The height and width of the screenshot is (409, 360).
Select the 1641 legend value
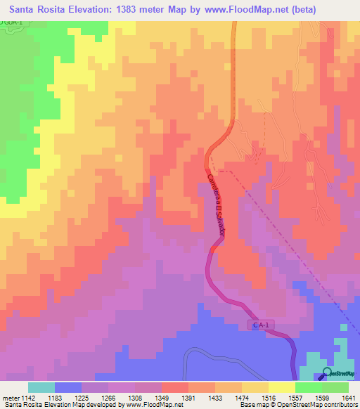coord(349,398)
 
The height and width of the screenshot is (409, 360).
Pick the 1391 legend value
coord(188,398)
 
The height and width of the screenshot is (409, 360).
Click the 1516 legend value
coord(269,398)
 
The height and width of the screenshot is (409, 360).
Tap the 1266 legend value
coord(108,398)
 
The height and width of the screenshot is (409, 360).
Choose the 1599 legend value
coord(322,398)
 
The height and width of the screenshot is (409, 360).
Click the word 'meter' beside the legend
coord(10,398)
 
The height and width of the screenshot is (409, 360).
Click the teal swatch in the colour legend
coord(41,387)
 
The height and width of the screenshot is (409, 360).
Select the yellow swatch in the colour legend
coord(281,387)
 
